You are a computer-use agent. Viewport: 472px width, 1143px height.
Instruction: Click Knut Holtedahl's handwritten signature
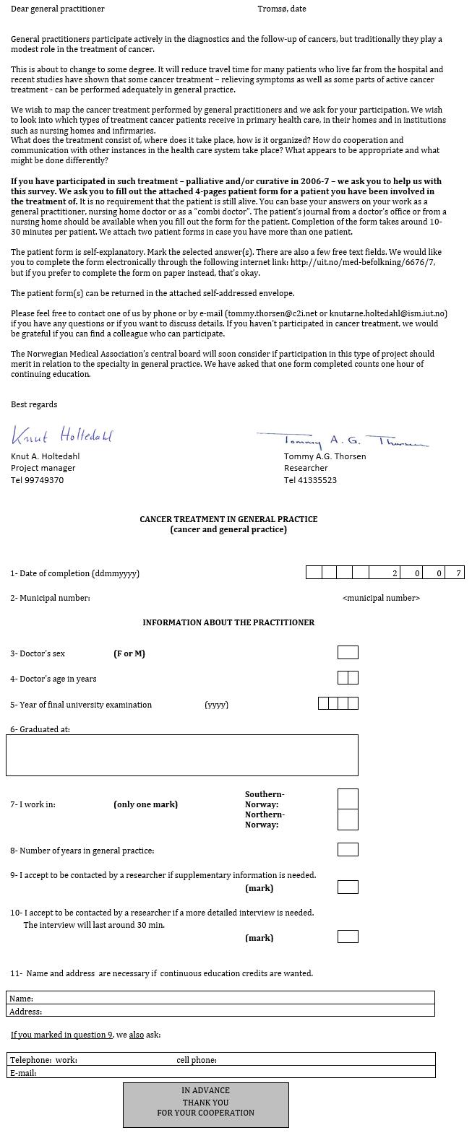click(62, 435)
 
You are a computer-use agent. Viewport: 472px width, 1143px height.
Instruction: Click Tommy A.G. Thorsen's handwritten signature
click(342, 440)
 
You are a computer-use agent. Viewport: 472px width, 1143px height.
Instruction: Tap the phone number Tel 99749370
click(37, 480)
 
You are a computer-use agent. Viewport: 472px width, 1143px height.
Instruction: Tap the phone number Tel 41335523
click(310, 480)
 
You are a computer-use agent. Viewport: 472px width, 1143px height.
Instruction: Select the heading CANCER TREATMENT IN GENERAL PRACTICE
click(228, 519)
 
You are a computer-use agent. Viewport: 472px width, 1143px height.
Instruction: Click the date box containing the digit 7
click(456, 573)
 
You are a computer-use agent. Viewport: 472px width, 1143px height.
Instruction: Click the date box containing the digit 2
click(394, 573)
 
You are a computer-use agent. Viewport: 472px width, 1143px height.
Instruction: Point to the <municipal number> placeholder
click(381, 598)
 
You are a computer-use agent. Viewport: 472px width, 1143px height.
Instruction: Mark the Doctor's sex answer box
click(348, 653)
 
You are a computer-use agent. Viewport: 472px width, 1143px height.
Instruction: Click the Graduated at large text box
click(182, 755)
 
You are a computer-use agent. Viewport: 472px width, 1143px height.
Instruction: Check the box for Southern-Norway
click(348, 799)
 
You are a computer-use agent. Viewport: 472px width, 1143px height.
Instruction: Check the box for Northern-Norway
click(348, 820)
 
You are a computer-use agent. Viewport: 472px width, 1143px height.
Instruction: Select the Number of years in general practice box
click(348, 850)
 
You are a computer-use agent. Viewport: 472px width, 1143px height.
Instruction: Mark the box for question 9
click(348, 887)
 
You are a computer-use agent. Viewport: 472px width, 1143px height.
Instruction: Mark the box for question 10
click(348, 937)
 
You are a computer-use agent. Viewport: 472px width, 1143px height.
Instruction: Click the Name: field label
click(22, 999)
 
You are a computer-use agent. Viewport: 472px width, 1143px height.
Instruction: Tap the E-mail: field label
click(22, 1073)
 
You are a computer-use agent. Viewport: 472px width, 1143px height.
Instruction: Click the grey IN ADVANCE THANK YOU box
click(206, 1105)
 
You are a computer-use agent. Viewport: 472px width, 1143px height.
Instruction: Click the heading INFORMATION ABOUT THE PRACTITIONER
click(228, 622)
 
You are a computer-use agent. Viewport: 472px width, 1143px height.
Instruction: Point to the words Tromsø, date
click(282, 9)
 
